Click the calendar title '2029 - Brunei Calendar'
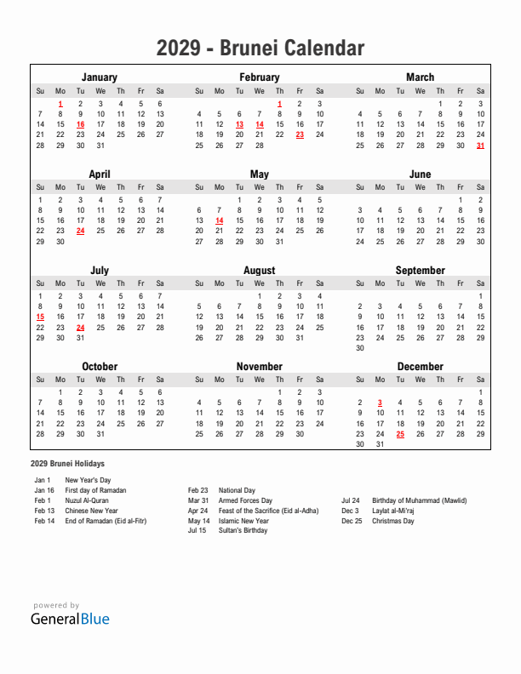point(260,49)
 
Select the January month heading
point(100,77)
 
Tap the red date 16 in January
point(80,124)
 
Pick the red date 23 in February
point(300,134)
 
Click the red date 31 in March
point(481,145)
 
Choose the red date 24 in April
point(80,231)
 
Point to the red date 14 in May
point(219,220)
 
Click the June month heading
point(420,174)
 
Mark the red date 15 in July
point(40,317)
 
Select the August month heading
point(260,271)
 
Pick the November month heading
point(260,367)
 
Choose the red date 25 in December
point(400,434)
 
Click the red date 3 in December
point(380,403)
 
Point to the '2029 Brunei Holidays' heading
point(67,464)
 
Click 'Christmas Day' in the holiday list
point(393,521)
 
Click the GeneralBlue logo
point(70,619)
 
